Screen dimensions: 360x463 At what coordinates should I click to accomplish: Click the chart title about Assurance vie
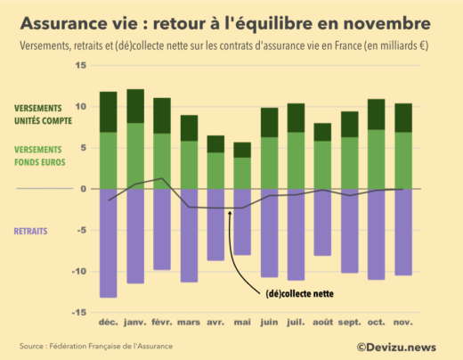[229, 20]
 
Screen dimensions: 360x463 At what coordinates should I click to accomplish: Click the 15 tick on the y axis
[80, 66]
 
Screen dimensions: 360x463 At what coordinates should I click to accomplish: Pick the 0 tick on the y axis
[83, 189]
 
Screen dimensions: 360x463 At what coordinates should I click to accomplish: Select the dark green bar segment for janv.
[135, 106]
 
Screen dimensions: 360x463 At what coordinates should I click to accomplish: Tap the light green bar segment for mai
[242, 173]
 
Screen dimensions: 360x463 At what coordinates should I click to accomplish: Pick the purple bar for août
[322, 222]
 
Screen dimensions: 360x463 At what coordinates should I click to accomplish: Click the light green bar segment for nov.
[402, 160]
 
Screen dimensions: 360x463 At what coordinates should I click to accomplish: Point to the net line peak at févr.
[161, 178]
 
